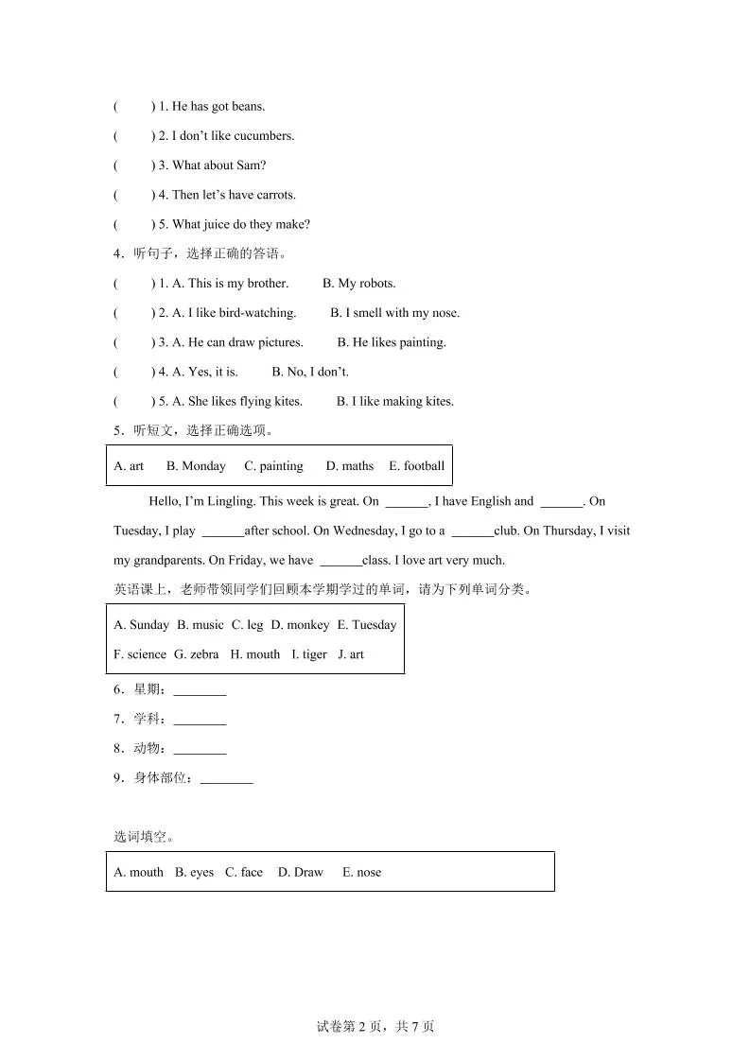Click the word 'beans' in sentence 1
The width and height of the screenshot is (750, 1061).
tap(247, 107)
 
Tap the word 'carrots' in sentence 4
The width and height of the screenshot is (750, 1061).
tap(274, 195)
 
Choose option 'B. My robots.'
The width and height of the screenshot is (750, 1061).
tap(358, 284)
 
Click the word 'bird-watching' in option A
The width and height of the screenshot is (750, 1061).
tap(257, 313)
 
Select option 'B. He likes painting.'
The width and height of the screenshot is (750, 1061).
tap(392, 342)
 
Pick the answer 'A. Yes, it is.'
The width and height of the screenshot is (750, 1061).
tap(205, 372)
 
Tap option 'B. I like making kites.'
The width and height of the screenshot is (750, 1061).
tap(394, 401)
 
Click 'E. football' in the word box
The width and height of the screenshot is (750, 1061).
tap(416, 466)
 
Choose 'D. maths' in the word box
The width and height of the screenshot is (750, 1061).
tap(350, 466)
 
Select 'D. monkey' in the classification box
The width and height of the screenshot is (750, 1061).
tap(300, 625)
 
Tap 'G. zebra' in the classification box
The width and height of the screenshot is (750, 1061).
tap(196, 654)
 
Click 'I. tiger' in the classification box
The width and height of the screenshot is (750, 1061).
tap(309, 654)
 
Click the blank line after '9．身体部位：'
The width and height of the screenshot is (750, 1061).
tap(226, 780)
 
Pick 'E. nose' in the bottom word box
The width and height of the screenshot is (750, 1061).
tap(361, 873)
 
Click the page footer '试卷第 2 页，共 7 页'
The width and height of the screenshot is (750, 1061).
tap(375, 1027)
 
